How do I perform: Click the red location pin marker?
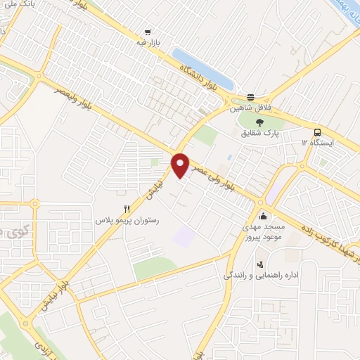click(x=181, y=165)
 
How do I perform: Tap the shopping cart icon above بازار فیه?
click(x=148, y=32)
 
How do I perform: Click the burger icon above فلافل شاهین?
click(x=250, y=97)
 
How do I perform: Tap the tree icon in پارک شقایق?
click(x=260, y=120)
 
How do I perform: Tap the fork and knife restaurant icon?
click(x=127, y=208)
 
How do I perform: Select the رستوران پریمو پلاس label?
click(x=128, y=220)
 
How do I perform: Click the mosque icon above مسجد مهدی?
click(x=263, y=215)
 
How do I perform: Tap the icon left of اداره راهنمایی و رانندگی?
click(x=261, y=265)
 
